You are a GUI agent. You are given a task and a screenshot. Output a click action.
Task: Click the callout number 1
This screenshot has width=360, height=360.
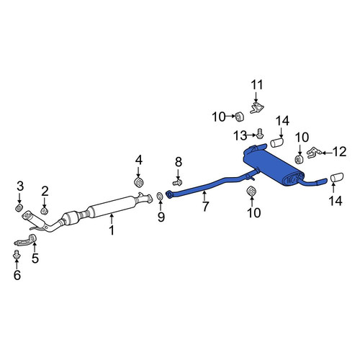pos(112,230)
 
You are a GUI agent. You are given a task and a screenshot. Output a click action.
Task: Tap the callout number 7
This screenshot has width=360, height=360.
pos(205,207)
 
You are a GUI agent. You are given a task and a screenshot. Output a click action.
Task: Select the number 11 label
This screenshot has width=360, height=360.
pos(257,85)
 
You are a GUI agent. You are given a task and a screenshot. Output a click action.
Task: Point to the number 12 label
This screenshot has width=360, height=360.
pos(340,152)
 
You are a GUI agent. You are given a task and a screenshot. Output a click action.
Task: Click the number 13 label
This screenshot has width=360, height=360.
pos(240,136)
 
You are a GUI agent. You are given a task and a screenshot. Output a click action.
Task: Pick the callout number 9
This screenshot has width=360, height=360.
pos(161,217)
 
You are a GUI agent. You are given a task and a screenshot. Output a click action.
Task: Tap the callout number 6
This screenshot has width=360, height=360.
pos(17,275)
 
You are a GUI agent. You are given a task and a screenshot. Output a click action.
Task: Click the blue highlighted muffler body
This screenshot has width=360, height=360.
pos(271,166)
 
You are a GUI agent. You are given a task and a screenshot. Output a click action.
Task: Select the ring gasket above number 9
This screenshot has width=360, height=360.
pos(160,196)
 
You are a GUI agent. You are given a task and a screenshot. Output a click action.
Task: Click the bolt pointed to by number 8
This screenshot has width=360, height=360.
pos(177,183)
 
